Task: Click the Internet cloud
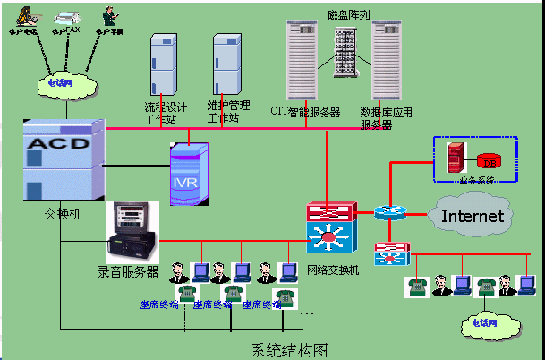tap(473, 215)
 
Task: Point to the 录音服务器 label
tap(128, 270)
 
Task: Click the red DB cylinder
tap(489, 161)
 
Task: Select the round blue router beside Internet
tap(390, 212)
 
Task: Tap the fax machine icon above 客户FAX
tap(66, 17)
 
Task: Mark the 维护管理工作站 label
tap(226, 113)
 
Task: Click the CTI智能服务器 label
tap(305, 113)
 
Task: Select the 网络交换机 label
tap(332, 270)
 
